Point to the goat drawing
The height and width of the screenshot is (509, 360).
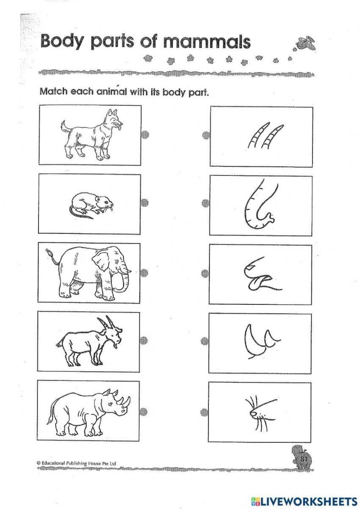[90, 342]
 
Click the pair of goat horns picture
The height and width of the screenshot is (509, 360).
[266, 136]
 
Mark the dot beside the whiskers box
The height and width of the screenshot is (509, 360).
[205, 411]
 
